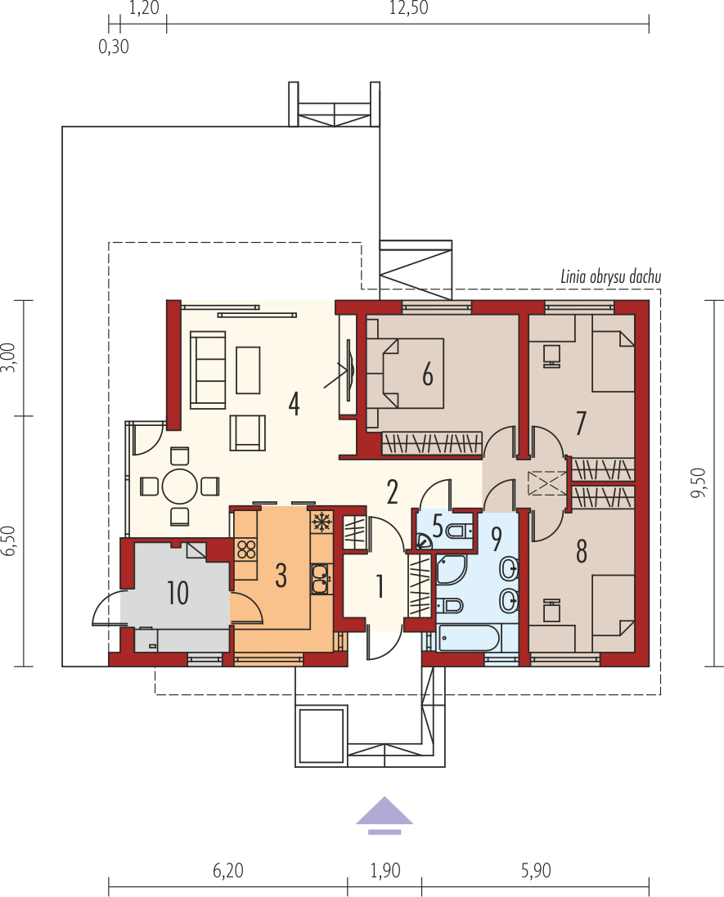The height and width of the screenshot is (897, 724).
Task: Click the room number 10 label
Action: click(178, 593)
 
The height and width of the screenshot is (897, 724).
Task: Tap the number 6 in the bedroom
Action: click(428, 374)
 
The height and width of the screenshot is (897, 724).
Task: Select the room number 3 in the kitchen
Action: click(281, 576)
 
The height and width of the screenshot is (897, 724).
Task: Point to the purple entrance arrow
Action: click(384, 814)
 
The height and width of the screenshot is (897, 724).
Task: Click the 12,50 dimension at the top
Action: click(409, 8)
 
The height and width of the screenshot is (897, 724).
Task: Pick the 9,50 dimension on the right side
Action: click(699, 482)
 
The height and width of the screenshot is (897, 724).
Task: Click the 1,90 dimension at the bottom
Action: click(385, 871)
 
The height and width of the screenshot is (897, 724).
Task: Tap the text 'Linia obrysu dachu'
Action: click(610, 277)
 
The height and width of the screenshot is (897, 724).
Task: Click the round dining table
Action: click(180, 487)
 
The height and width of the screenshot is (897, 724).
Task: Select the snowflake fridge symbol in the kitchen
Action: click(322, 523)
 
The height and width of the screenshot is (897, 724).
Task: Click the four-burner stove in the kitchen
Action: click(246, 549)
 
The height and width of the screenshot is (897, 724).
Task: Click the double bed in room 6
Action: click(405, 373)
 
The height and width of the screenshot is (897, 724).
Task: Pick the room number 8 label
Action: click(581, 551)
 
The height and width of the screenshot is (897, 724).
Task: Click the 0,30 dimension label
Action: click(114, 47)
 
